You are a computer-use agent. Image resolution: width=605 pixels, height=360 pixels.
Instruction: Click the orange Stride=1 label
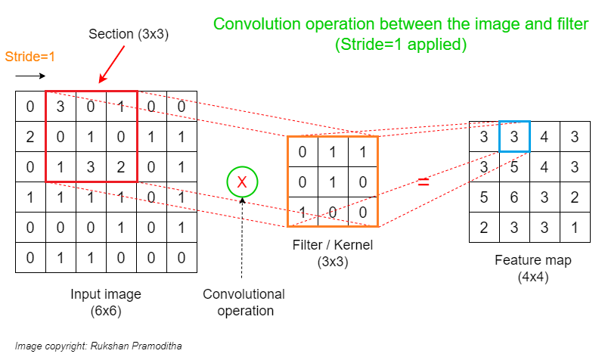(x=30, y=57)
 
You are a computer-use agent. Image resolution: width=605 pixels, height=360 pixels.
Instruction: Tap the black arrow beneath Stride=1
(x=30, y=76)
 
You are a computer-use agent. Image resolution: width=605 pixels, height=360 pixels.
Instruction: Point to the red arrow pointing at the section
(x=113, y=64)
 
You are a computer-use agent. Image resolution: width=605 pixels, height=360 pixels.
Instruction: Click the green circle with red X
(x=242, y=182)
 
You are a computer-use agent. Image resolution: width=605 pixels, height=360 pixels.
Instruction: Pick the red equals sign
(x=423, y=182)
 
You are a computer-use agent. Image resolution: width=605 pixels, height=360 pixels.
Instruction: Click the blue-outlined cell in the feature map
(x=514, y=137)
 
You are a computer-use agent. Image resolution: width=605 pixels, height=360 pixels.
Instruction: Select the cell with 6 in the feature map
(x=514, y=197)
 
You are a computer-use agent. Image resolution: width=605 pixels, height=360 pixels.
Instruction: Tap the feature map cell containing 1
(x=574, y=226)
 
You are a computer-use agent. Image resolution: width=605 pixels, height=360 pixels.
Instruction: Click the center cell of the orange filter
(x=333, y=182)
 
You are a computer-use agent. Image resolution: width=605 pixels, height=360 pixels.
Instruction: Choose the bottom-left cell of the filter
(x=302, y=211)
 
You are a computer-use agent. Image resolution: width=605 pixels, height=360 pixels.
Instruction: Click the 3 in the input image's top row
(x=60, y=107)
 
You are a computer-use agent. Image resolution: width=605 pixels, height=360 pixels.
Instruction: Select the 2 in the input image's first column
(x=30, y=137)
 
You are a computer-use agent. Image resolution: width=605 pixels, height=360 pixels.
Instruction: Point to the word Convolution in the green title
(x=253, y=24)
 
